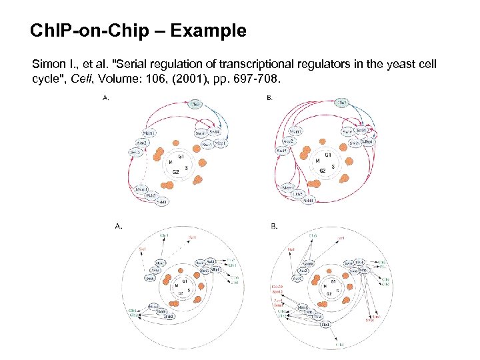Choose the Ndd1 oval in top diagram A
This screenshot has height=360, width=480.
(161, 201)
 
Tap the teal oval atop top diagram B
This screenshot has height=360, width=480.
(341, 103)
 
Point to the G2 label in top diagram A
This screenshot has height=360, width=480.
(176, 172)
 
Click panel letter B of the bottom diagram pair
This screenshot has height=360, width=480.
(275, 227)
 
